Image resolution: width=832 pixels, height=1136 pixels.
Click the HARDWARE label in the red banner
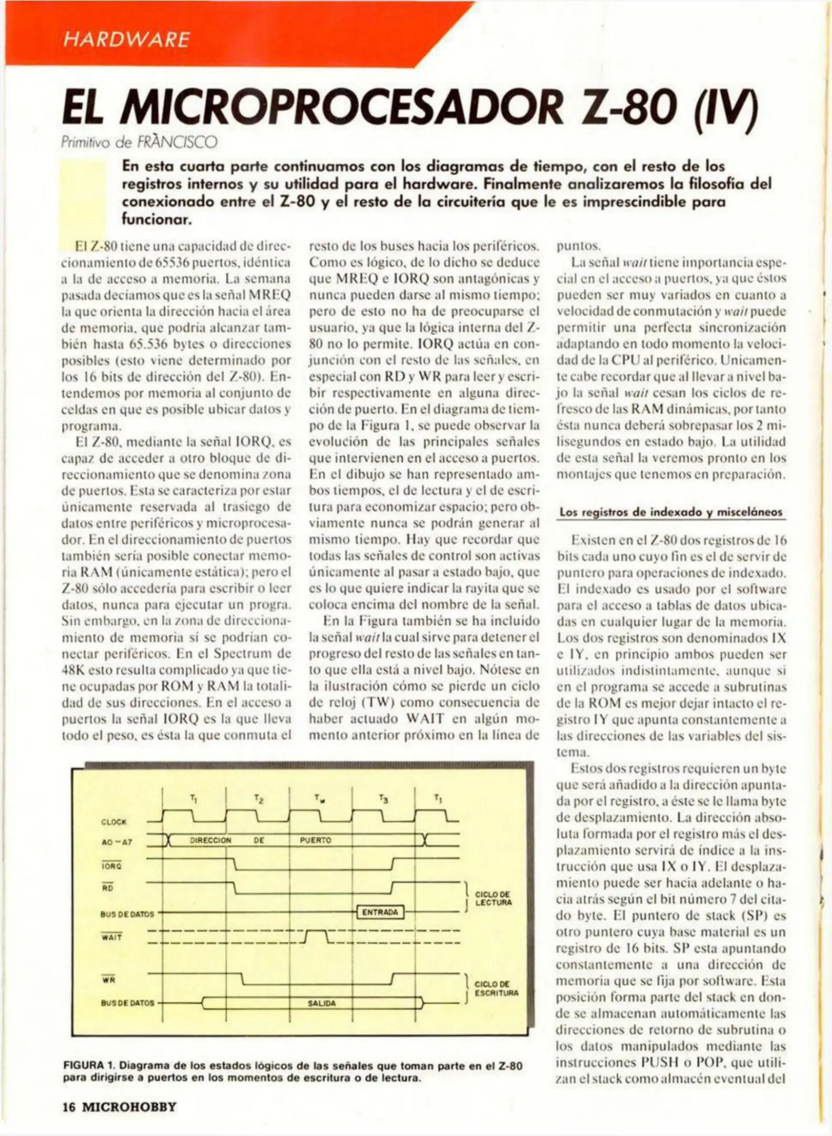pos(126,40)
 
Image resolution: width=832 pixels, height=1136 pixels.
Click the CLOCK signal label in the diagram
pos(114,821)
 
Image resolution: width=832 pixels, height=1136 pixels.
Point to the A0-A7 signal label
pos(116,843)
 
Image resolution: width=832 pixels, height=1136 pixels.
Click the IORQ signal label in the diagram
pos(111,865)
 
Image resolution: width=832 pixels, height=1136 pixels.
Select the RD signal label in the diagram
pos(107,888)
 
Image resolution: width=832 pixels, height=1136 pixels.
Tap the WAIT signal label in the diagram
pos(111,937)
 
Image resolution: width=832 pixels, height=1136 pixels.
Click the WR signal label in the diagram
pos(108,979)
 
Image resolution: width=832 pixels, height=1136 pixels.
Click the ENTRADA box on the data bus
pos(380,912)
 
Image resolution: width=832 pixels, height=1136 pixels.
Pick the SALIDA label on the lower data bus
pos(321,1003)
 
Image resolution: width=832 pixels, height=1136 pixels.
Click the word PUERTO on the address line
pos(315,840)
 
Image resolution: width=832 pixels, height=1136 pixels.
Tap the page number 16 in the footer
pos(69,1107)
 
